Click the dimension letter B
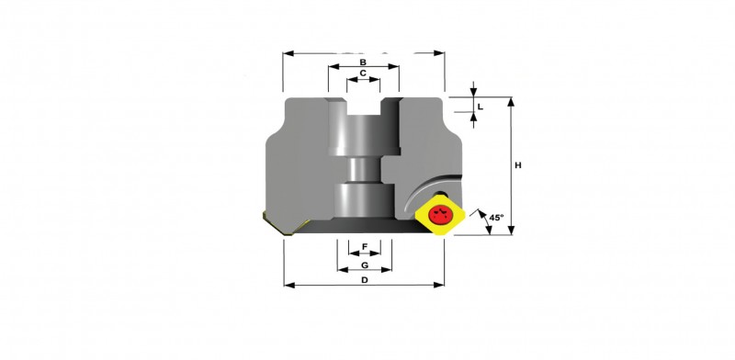(363, 62)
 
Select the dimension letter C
(363, 73)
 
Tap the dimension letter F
(365, 246)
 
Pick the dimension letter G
(365, 265)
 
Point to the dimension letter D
(364, 280)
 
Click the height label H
(518, 165)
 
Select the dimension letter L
(480, 107)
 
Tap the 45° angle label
(496, 218)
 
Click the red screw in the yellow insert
(440, 215)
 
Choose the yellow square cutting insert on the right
(440, 215)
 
